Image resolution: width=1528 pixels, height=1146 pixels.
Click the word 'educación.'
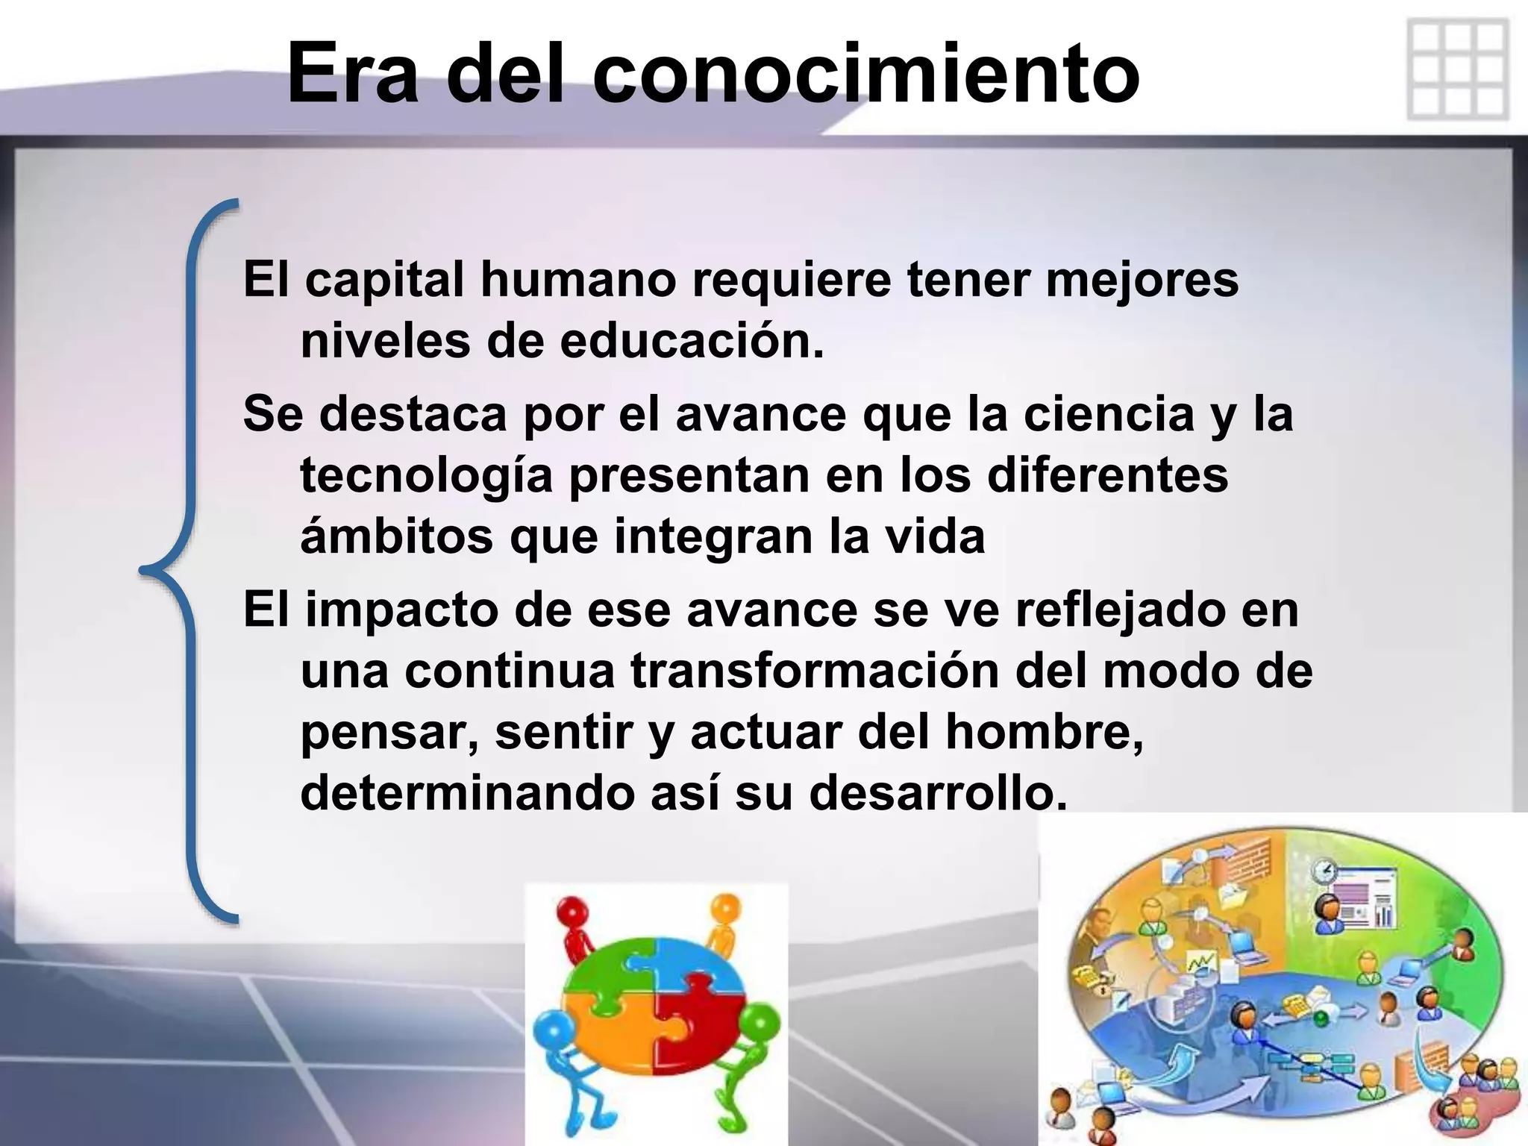click(x=692, y=341)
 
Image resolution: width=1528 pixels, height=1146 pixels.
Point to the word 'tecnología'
click(x=426, y=476)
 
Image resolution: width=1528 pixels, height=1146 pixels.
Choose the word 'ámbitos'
click(x=396, y=536)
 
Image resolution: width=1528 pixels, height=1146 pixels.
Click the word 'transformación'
click(x=815, y=671)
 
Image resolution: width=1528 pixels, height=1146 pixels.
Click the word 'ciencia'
click(x=1109, y=414)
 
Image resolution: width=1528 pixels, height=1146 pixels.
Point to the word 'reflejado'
click(x=1119, y=610)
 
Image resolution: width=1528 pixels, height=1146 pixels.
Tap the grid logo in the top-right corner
click(x=1457, y=70)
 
